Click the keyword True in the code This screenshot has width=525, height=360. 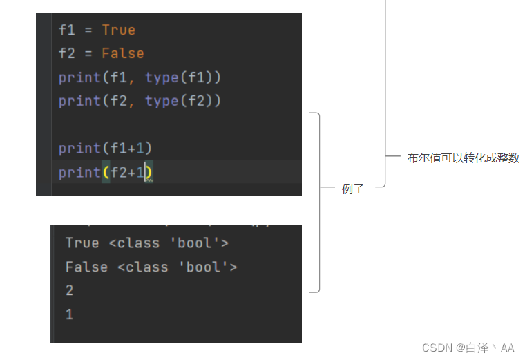[118, 30]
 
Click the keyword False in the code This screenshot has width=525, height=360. [122, 53]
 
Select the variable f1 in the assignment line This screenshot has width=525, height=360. [66, 30]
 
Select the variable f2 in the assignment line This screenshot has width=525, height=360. [66, 53]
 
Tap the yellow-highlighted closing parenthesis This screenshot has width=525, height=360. [149, 172]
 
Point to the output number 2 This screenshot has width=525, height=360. [70, 290]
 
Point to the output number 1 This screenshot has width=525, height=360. [70, 314]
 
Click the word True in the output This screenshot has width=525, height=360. [82, 243]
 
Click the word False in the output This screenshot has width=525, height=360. [86, 267]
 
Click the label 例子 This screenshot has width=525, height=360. [352, 189]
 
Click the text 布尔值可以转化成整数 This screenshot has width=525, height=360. [463, 158]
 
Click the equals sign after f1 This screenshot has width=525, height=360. [88, 30]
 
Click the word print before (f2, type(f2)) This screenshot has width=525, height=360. [79, 101]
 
